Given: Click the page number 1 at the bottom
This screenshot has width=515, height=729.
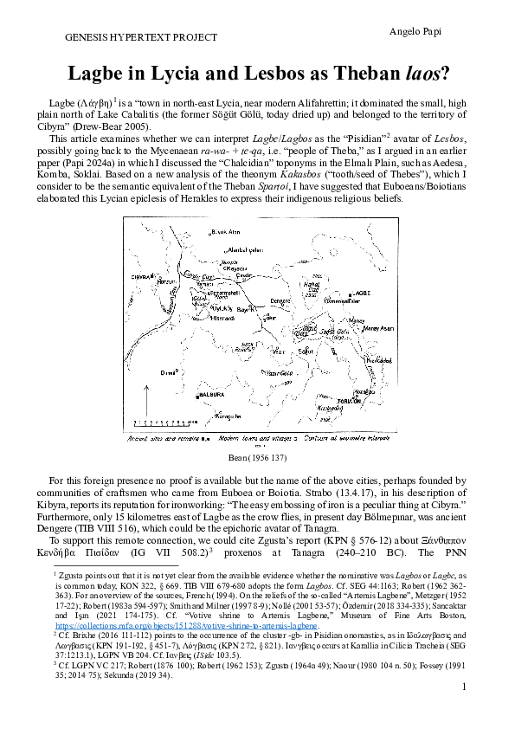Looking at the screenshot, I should (x=465, y=711).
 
